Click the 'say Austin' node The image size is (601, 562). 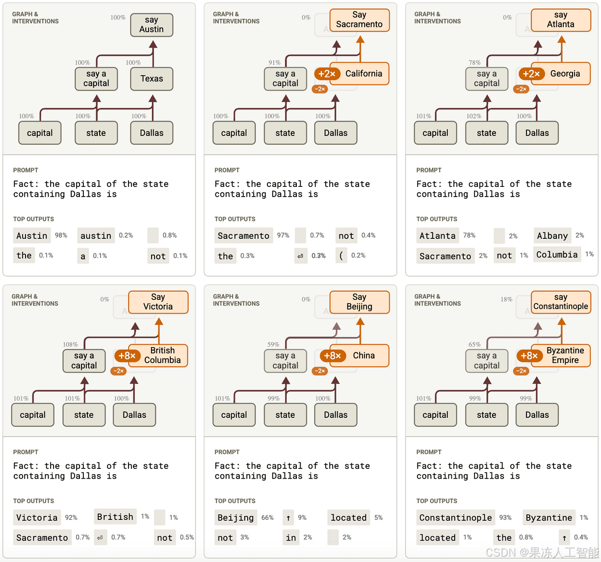coord(152,25)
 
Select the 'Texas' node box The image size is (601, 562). coord(152,79)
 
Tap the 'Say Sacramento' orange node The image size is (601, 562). coord(360,20)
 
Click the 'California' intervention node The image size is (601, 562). coord(364,74)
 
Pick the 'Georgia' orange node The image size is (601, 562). coord(565,74)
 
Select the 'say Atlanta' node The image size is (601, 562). coord(561,20)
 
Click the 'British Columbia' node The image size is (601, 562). coord(162,356)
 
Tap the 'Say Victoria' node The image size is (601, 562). coord(158,302)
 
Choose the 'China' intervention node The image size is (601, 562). coord(364,356)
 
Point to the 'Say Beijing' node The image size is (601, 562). coord(360,302)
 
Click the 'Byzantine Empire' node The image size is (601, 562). coord(565,356)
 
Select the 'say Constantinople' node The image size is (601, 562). coord(561,302)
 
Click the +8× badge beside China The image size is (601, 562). coord(332,356)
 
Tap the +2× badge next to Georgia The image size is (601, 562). coord(531,74)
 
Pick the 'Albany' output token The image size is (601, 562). coord(552,236)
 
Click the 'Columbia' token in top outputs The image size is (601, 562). coord(557,255)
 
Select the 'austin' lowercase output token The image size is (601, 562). coord(96,236)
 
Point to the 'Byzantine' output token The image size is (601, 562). coord(549,518)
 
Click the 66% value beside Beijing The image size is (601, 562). coord(267,518)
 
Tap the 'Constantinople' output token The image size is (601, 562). coord(455,518)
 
